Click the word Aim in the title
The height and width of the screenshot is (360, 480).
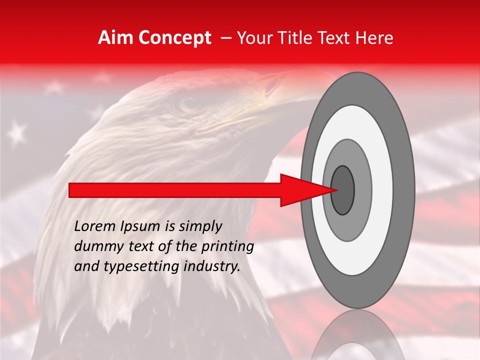coord(116,38)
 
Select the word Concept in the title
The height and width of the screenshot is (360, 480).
coord(175,38)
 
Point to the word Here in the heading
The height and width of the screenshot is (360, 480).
coord(375,38)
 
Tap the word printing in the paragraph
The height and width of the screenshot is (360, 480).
coord(227,247)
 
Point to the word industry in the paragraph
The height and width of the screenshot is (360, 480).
coord(209,266)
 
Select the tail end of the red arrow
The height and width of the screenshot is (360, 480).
coord(70,190)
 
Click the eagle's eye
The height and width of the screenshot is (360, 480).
coord(189,104)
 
